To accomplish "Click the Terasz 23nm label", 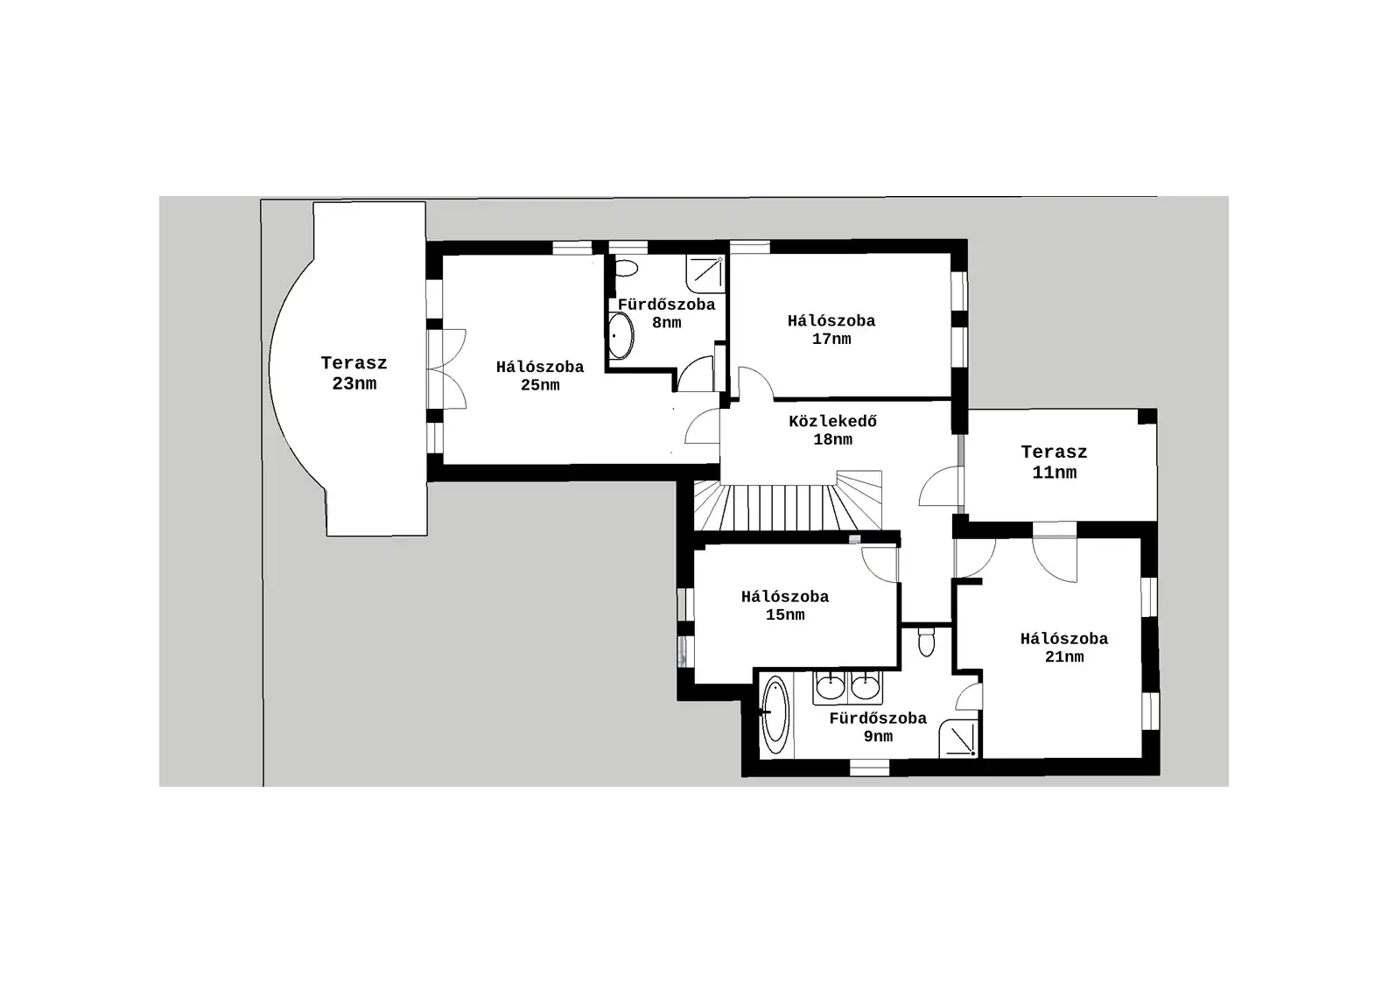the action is click(354, 373).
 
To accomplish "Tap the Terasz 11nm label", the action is click(1054, 462).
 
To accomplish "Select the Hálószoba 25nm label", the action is click(540, 375).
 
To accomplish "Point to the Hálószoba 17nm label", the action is click(831, 330).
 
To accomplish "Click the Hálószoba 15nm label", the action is click(785, 606).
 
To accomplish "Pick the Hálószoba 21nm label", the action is click(1064, 648).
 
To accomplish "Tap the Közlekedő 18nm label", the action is click(832, 431).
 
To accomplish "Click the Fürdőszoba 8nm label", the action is click(667, 313).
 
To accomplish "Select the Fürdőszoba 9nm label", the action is click(878, 727).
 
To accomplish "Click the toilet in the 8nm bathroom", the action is click(627, 269).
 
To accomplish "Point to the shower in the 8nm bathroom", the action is click(705, 273).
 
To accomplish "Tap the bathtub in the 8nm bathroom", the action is click(620, 336).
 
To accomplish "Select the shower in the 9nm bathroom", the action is click(958, 739).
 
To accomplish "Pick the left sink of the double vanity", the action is click(830, 687).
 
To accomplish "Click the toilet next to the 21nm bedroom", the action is click(926, 642).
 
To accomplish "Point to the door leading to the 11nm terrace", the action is click(941, 486).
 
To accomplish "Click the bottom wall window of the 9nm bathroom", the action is click(869, 768).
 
